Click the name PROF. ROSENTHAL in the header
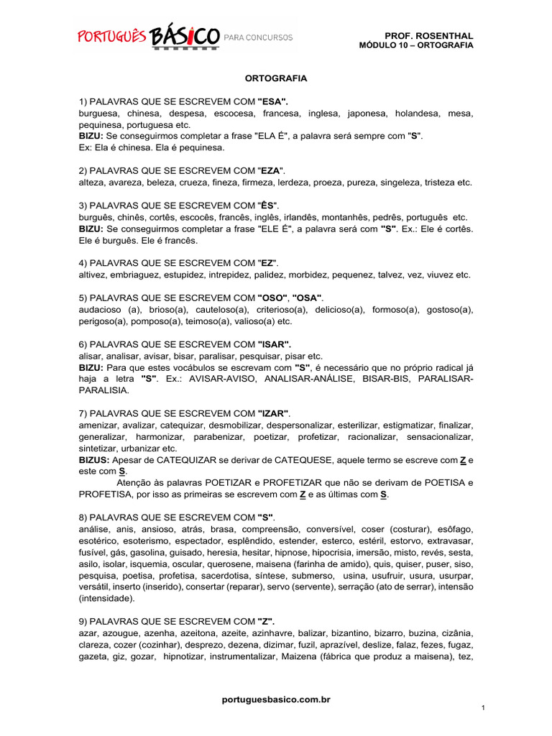pos(430,35)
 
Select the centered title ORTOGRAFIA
pos(276,77)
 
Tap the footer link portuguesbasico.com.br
pos(276,699)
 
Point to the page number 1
pos(484,709)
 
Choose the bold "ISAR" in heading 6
pos(275,344)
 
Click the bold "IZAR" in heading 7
pos(273,413)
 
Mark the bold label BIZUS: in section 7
pos(94,459)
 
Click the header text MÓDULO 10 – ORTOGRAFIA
pos(416,45)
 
